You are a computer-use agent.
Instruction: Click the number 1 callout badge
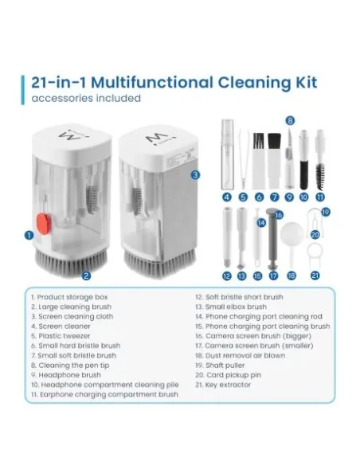[28, 235]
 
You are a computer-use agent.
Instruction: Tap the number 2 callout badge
[86, 276]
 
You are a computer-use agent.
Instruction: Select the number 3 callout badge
[195, 174]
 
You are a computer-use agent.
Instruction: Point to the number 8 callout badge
[290, 121]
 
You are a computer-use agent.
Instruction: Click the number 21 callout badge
[315, 275]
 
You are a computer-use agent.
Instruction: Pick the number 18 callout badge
[292, 275]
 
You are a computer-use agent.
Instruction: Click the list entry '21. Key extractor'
[222, 385]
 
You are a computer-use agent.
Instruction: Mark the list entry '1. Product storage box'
[68, 297]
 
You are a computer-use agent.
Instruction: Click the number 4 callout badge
[227, 197]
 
